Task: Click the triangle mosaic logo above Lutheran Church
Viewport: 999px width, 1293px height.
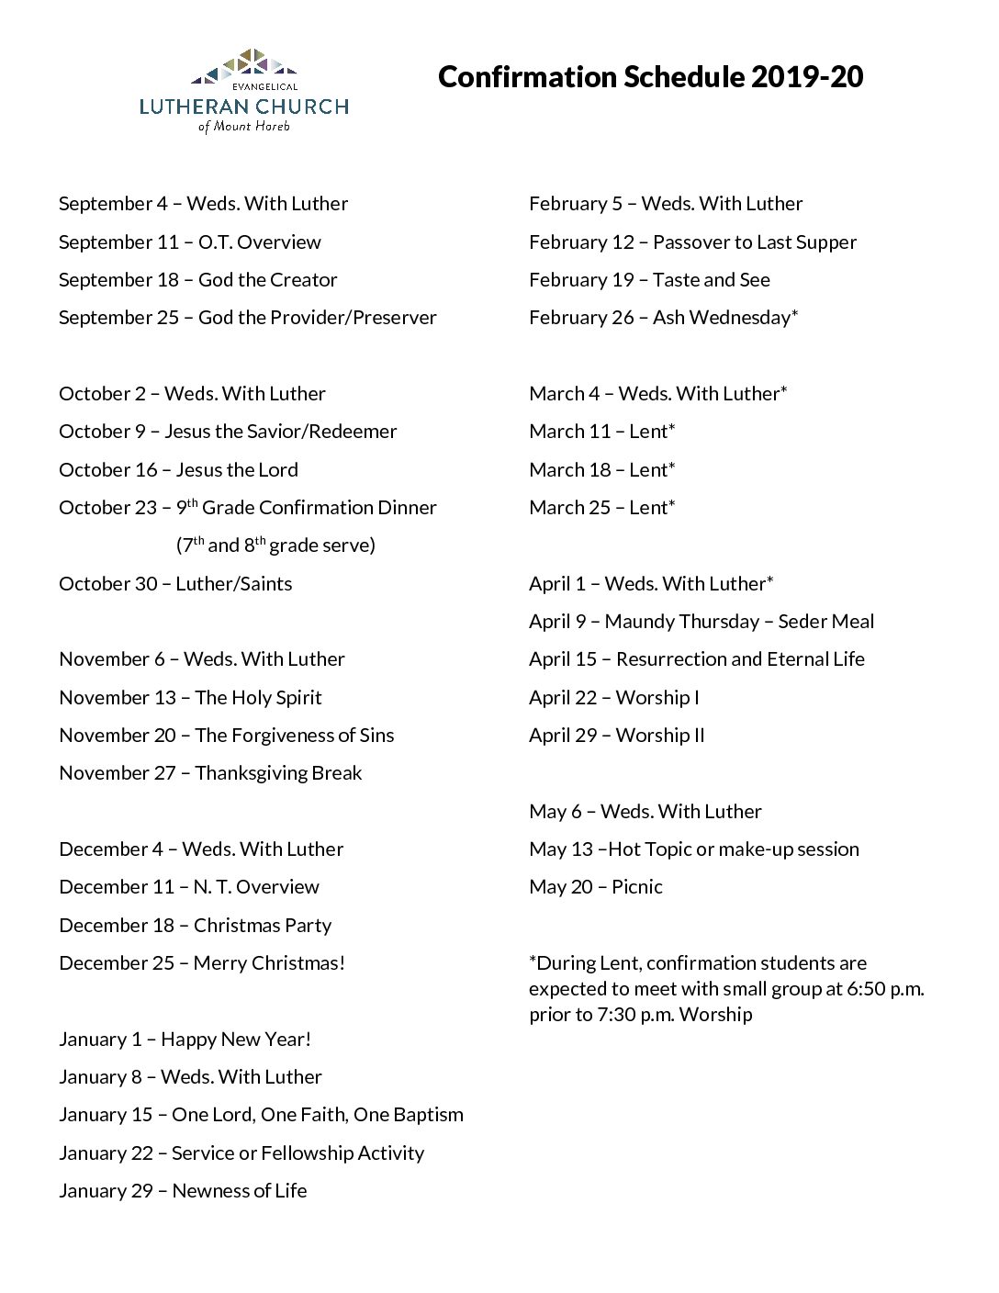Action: tap(243, 64)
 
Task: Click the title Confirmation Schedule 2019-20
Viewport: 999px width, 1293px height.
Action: tap(650, 77)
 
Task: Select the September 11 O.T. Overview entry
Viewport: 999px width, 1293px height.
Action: tap(190, 242)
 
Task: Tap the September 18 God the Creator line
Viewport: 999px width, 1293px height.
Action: tap(198, 280)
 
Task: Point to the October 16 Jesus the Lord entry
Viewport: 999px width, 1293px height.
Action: tap(178, 470)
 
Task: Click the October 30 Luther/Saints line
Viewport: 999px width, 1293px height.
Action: tap(175, 584)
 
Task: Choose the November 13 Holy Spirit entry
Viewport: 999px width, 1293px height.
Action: tap(190, 698)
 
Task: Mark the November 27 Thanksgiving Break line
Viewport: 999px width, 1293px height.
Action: tap(210, 773)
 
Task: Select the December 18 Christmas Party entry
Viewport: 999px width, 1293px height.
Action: tap(195, 926)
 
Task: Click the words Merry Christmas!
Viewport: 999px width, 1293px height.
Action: tap(269, 963)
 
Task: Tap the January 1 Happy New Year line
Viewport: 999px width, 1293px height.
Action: tap(185, 1040)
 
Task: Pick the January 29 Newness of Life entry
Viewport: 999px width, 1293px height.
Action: tap(183, 1191)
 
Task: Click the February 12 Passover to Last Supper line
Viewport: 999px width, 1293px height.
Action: tap(692, 242)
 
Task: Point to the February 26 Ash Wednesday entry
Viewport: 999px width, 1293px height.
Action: tap(663, 318)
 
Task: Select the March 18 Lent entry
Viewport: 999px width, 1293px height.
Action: tap(601, 470)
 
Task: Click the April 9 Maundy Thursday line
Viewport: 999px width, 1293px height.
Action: tap(702, 622)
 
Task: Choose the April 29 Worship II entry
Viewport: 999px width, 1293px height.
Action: tap(616, 736)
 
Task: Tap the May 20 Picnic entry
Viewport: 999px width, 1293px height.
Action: tap(595, 887)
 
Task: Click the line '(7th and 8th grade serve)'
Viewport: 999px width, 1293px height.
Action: tap(275, 545)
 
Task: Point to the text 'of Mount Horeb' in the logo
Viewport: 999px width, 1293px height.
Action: tap(243, 127)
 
